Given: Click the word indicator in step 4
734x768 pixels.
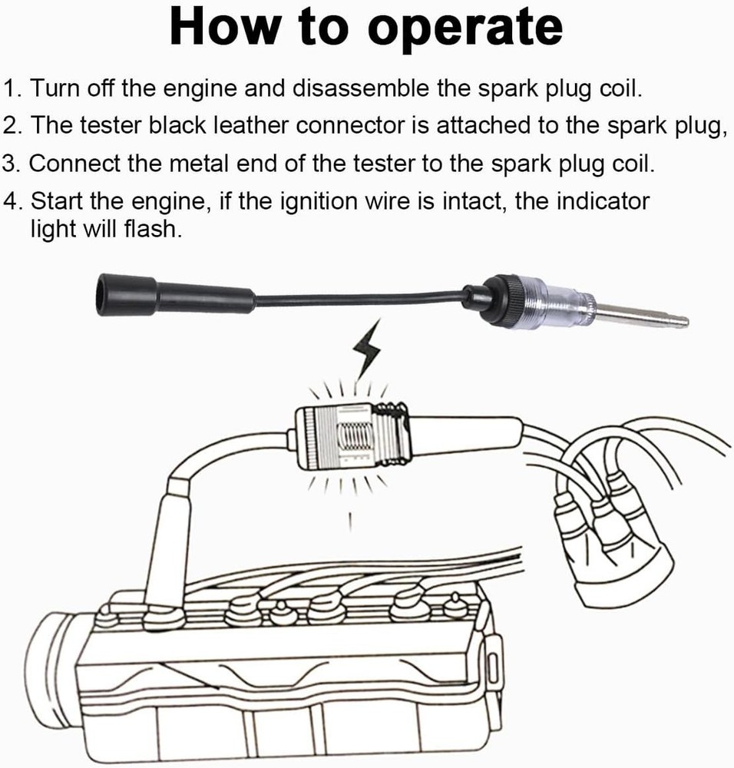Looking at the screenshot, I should [602, 202].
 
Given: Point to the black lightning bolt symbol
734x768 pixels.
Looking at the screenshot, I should [366, 350].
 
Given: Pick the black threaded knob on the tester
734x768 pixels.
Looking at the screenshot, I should [507, 300].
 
